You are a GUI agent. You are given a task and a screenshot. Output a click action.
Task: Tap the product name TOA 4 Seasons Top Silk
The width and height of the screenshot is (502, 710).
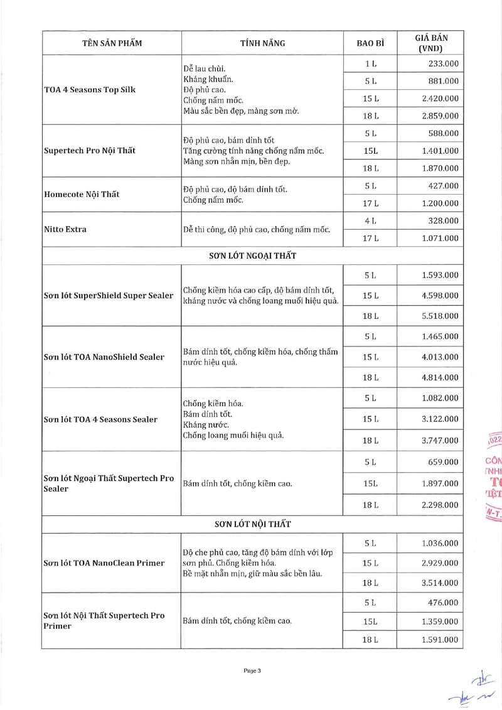tap(90, 90)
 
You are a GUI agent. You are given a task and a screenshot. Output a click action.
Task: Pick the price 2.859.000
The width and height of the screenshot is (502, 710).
tap(440, 116)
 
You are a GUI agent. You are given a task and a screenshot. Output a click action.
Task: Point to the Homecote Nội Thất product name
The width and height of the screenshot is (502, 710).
tap(82, 194)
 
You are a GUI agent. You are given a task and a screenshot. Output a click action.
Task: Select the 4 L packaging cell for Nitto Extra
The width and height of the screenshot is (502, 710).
tap(370, 221)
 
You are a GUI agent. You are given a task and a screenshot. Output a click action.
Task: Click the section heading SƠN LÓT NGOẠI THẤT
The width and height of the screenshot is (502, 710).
tap(252, 256)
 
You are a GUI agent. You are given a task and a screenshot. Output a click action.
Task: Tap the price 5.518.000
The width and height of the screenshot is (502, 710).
tap(440, 316)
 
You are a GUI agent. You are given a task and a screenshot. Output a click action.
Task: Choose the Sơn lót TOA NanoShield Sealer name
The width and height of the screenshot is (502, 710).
tap(104, 357)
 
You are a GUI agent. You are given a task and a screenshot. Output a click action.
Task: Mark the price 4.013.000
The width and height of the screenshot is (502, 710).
tap(440, 357)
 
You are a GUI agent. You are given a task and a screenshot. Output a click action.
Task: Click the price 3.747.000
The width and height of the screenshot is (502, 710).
tap(440, 441)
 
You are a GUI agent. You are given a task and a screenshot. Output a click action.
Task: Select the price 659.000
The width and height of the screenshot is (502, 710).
tap(443, 462)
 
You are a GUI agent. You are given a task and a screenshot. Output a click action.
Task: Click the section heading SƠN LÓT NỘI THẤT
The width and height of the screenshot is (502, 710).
tap(252, 524)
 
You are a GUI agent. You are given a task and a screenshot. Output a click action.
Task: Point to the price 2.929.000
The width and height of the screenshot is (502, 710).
tap(440, 563)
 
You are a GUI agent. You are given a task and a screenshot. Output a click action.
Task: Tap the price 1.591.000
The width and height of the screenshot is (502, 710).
tap(440, 640)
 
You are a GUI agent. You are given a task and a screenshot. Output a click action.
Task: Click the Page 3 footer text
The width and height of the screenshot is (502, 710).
tap(252, 670)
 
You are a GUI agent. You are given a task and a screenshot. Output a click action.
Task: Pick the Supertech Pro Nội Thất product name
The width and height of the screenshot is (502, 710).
tap(90, 151)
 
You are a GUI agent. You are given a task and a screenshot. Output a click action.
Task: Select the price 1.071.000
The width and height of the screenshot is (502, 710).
tap(440, 239)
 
